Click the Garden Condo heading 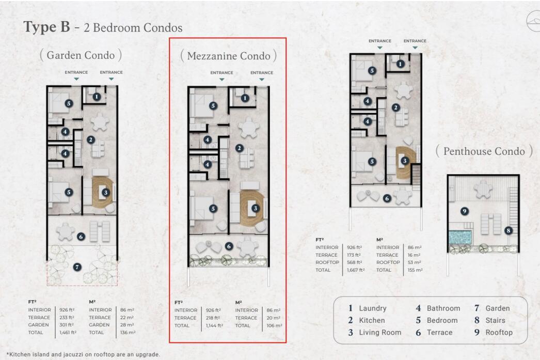pos(81,55)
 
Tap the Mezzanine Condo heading pos(228,56)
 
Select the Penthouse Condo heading pos(484,151)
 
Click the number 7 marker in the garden pos(77,267)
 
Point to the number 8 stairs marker pos(509,230)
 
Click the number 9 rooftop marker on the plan pos(464,211)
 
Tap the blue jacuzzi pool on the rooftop pos(460,237)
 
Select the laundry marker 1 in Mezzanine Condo pos(245,98)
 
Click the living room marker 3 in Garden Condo pos(106,193)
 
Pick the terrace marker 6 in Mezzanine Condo pos(229,246)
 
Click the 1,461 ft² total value pos(68,333)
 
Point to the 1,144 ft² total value pos(214,325)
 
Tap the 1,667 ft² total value pos(356,270)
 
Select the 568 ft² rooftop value pos(354,262)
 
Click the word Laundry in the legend pos(373,308)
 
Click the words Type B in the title pos(46,27)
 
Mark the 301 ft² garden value pos(66,324)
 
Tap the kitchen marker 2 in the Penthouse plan pos(395,107)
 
